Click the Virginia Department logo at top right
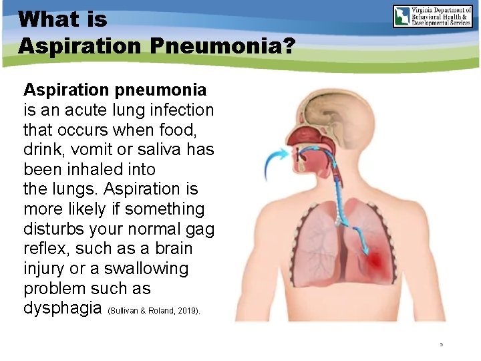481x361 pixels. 432,16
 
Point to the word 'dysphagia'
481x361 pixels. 62,308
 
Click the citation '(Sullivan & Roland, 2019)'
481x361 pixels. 153,311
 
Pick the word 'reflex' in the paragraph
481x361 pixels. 48,249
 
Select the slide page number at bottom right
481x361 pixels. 442,345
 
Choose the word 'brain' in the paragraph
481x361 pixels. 170,249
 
